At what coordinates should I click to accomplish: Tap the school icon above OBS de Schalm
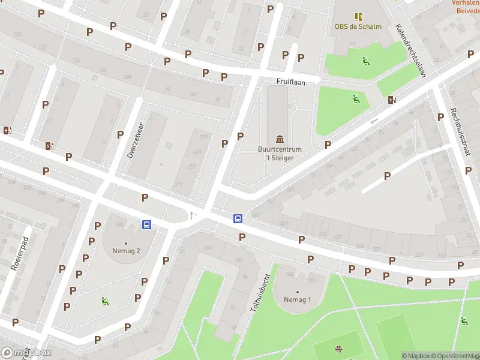point(358,16)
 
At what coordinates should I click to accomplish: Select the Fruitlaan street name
point(287,82)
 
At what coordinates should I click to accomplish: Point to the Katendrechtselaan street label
point(410,50)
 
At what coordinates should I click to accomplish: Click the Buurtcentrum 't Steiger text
point(280,153)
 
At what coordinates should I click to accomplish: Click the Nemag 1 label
point(298,299)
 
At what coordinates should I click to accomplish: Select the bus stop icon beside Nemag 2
point(146,224)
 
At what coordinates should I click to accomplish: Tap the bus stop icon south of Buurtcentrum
point(238,218)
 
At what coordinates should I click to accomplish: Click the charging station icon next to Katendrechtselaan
point(392,100)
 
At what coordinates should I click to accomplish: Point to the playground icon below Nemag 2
point(105,301)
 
